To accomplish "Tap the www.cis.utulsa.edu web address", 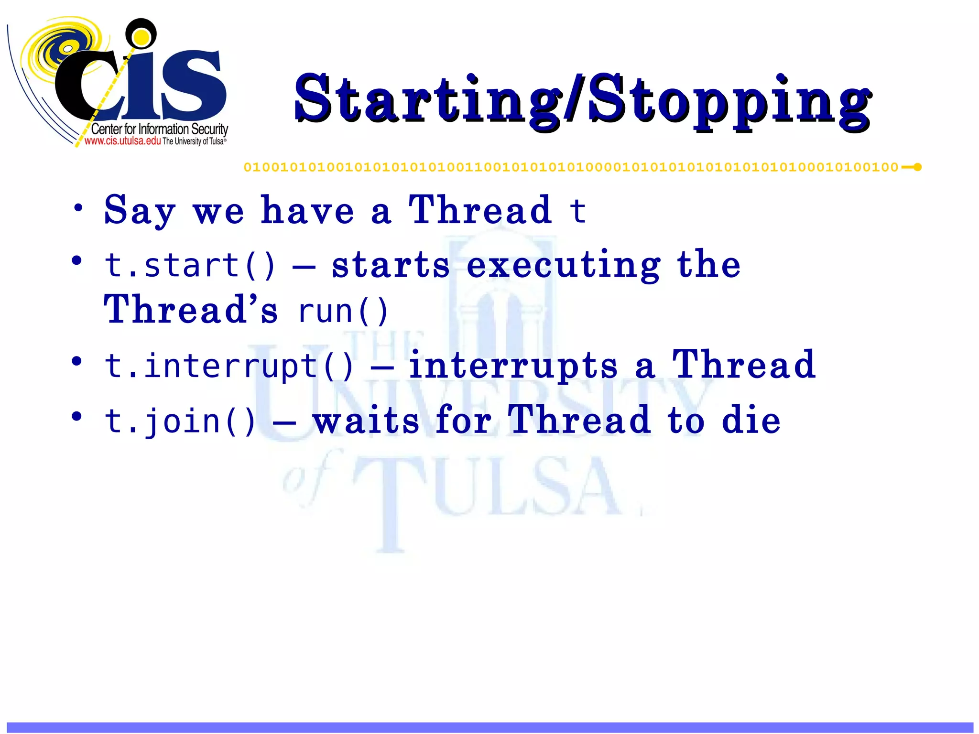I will tap(122, 141).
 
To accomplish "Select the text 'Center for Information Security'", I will tap(159, 129).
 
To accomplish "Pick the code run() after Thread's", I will tap(343, 312).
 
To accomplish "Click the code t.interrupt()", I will tap(229, 366).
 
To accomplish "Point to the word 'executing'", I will tap(563, 266).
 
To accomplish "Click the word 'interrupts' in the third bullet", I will tap(513, 366).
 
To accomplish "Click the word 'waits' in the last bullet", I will tap(366, 421).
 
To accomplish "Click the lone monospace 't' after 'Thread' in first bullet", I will tap(577, 210).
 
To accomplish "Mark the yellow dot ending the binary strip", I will tap(917, 167).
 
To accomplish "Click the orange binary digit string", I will tap(571, 167).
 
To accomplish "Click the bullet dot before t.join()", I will tap(76, 416).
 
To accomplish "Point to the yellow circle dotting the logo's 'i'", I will tap(141, 35).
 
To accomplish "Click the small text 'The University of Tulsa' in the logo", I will tap(194, 141).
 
